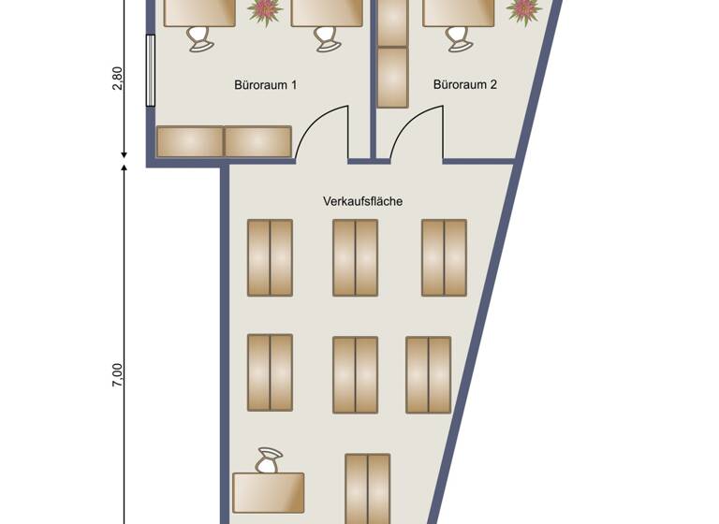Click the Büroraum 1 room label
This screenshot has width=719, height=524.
point(265,85)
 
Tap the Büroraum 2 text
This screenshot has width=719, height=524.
point(464,85)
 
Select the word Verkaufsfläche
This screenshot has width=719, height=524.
point(362,201)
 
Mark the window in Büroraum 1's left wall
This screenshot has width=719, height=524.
point(150,70)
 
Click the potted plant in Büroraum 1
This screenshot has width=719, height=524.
point(265,11)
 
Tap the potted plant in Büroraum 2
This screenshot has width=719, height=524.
point(523,10)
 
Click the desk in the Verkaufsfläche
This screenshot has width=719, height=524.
point(269,492)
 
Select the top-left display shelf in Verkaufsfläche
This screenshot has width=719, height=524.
point(270,257)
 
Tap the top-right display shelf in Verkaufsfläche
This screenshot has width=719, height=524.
point(444,257)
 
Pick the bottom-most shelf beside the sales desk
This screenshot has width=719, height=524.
point(367,488)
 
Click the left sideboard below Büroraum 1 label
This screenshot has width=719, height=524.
point(190,142)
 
